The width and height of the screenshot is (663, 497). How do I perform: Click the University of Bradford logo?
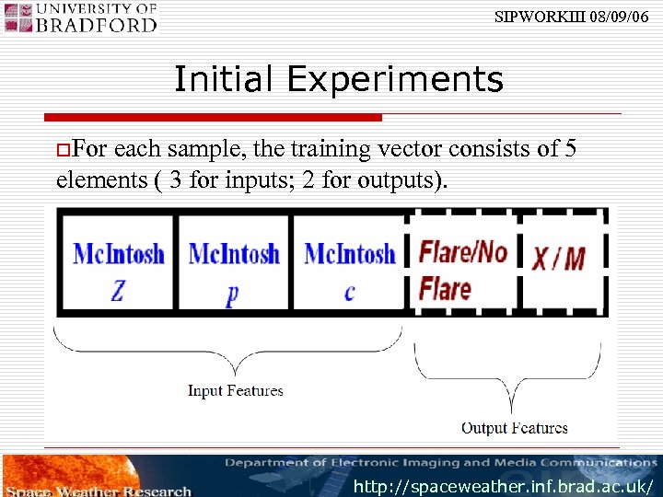83,17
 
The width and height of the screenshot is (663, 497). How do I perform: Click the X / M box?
559,260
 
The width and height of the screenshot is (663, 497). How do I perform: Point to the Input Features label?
235,391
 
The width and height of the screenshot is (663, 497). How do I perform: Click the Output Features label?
514,428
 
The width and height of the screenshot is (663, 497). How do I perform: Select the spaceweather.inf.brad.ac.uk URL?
505,485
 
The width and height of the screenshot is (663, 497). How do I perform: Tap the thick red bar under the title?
213,118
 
